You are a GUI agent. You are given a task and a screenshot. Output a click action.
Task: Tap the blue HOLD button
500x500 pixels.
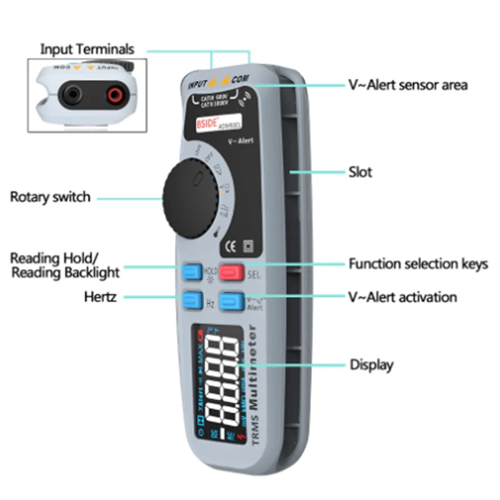tap(191, 272)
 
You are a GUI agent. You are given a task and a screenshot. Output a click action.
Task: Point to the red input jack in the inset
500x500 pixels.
tap(114, 94)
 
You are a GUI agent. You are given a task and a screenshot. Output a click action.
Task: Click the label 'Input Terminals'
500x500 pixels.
tap(87, 49)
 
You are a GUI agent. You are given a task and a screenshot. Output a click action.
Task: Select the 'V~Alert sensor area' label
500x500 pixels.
tap(407, 84)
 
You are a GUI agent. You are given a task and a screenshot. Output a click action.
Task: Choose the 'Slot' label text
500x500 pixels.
tap(360, 171)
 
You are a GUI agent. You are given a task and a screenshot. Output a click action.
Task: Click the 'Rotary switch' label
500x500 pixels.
tap(50, 197)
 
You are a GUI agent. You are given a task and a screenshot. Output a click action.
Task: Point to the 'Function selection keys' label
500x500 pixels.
tap(418, 264)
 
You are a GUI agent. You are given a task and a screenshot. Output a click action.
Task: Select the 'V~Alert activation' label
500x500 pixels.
tap(402, 297)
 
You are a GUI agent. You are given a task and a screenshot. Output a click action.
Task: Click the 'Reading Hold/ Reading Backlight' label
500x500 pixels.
tap(65, 265)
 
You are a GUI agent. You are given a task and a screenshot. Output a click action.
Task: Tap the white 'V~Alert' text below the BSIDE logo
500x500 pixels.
tap(240, 141)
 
